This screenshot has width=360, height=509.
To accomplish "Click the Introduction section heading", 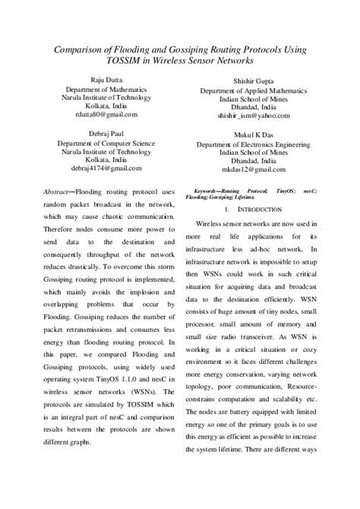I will pyautogui.click(x=261, y=208).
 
